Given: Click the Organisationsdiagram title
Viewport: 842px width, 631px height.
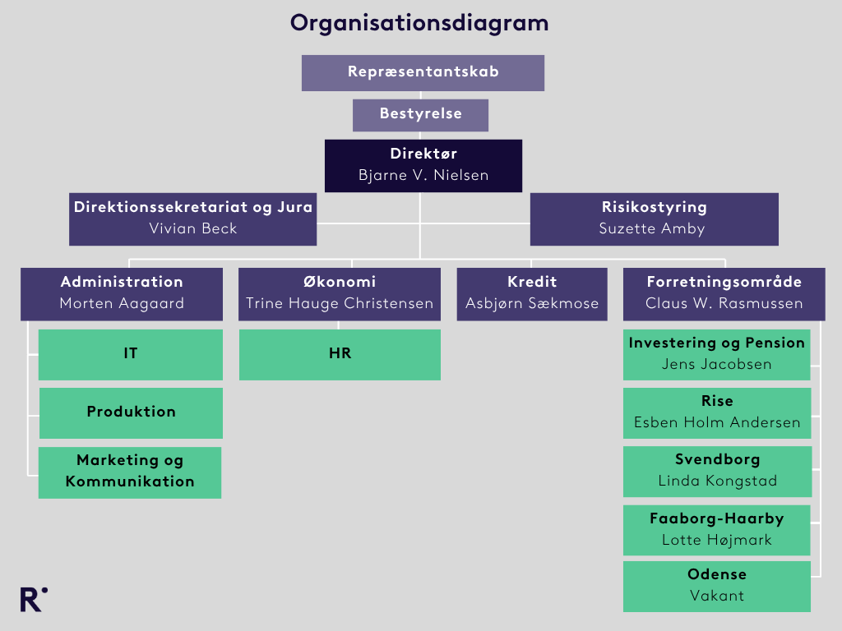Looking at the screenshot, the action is (419, 24).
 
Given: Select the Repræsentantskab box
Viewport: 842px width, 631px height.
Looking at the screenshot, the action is (423, 73).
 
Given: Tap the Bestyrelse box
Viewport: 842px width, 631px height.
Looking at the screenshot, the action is (420, 115).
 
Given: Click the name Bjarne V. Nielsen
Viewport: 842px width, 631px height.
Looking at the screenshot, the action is (423, 175).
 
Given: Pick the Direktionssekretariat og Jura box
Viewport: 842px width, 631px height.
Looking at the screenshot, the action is (192, 219).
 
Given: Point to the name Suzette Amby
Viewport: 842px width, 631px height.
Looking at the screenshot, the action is (652, 228).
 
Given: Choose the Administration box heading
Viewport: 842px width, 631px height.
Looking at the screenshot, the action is (122, 282).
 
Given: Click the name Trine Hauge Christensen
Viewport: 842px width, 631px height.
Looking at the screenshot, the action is (340, 303).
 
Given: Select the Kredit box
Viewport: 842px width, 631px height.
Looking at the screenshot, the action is (532, 294).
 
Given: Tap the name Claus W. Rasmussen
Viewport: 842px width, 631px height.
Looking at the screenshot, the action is (724, 303).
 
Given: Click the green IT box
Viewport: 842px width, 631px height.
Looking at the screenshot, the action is (131, 355).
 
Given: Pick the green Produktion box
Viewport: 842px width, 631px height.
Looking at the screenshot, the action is (131, 413).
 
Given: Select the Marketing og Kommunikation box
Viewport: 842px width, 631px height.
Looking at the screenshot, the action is (130, 472).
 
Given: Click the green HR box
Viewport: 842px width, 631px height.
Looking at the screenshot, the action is (340, 355).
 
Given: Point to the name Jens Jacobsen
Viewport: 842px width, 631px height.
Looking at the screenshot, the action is (716, 364).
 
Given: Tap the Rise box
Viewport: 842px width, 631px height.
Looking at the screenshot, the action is (717, 413).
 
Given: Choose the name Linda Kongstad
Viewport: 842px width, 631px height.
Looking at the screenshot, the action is (717, 481).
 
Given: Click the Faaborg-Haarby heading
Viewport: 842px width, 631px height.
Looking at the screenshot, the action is (717, 518).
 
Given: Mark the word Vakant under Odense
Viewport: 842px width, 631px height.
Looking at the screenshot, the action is (717, 596).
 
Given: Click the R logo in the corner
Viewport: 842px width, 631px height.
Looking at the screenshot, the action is (33, 599).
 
